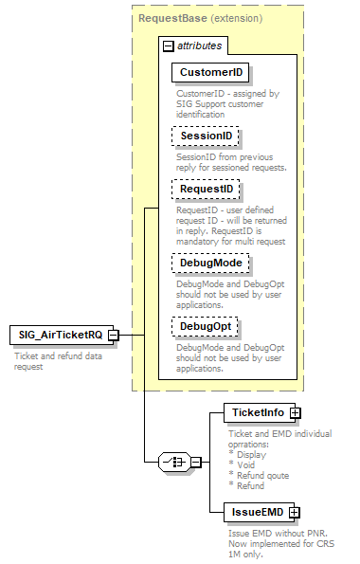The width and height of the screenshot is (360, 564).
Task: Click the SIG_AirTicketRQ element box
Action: coord(57,335)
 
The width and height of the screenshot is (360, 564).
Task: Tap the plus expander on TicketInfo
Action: coord(296,413)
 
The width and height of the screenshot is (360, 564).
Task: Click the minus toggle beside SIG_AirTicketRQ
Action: coord(113,335)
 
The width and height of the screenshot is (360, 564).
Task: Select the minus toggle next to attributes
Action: coord(168,45)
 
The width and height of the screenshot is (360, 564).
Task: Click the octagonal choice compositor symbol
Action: coord(173,463)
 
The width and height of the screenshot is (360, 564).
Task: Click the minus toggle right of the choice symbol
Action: coord(195,463)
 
